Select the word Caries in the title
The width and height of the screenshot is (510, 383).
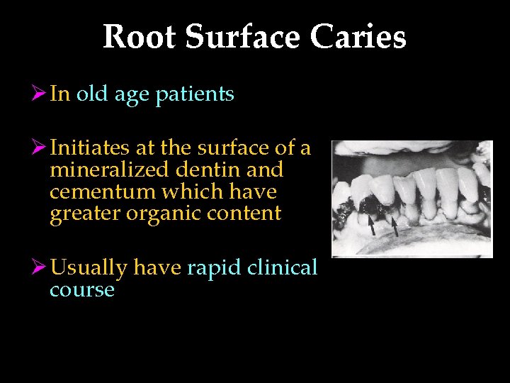click(x=365, y=37)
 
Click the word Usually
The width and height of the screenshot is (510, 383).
click(x=89, y=269)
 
